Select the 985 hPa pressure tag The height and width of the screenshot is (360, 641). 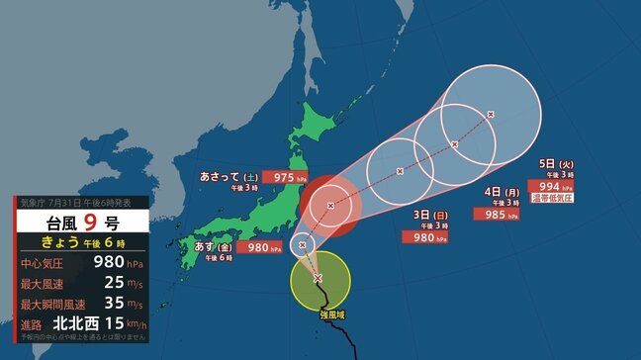click(x=493, y=213)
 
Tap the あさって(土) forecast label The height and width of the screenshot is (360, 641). click(x=228, y=178)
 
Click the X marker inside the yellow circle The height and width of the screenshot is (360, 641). click(x=318, y=279)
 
